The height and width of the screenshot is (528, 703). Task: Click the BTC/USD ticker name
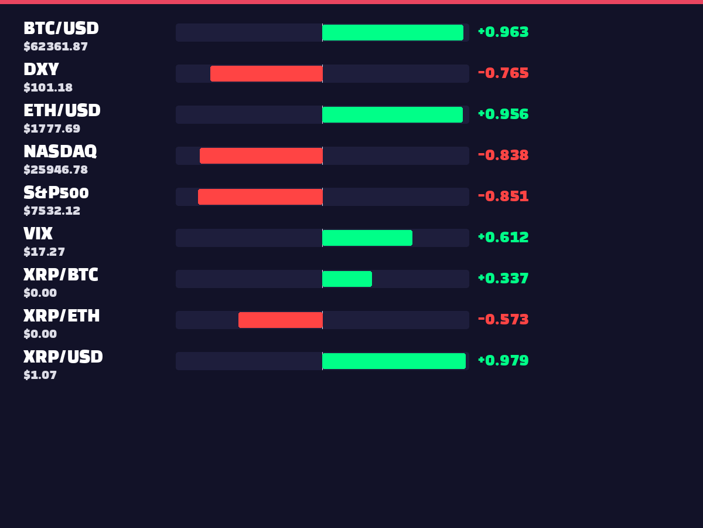click(x=61, y=29)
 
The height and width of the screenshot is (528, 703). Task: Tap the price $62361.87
click(x=56, y=47)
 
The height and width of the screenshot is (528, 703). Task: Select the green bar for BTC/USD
click(x=393, y=32)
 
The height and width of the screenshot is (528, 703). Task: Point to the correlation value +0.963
click(x=503, y=32)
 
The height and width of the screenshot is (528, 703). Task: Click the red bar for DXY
click(x=267, y=73)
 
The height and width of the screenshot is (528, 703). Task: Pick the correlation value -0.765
click(x=503, y=73)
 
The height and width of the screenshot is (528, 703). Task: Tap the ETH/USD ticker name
click(x=62, y=111)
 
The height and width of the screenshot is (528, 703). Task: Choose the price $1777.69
click(x=52, y=129)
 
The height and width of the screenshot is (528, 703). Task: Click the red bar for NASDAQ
click(x=261, y=155)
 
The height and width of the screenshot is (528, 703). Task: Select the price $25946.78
click(x=56, y=170)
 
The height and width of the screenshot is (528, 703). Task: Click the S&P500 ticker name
click(x=56, y=192)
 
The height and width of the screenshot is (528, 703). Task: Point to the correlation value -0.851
click(x=503, y=196)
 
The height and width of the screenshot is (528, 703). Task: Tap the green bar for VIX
click(x=367, y=238)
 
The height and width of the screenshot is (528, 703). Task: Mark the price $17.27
click(x=44, y=252)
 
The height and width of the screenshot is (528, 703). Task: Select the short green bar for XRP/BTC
click(x=347, y=279)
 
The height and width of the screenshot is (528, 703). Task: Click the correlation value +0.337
click(x=503, y=278)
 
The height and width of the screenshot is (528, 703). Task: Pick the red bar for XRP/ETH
click(x=281, y=320)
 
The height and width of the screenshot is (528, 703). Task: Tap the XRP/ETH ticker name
click(x=62, y=316)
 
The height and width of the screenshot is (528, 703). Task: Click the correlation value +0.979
click(x=503, y=360)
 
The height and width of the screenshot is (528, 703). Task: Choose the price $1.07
click(x=40, y=375)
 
